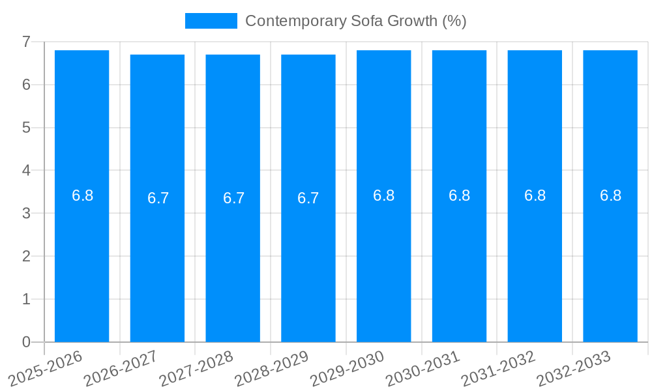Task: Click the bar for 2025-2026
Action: point(81,261)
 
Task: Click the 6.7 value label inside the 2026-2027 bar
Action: point(158,198)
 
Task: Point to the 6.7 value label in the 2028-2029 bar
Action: point(308,198)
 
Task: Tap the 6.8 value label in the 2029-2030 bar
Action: point(383,195)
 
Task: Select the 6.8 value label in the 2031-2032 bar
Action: point(535,195)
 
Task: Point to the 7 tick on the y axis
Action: point(26,42)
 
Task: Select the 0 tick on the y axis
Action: point(26,342)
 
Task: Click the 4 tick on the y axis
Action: point(26,170)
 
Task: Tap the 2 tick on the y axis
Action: point(26,256)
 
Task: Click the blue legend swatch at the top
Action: point(211,21)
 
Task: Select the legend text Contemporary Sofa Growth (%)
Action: point(355,21)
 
